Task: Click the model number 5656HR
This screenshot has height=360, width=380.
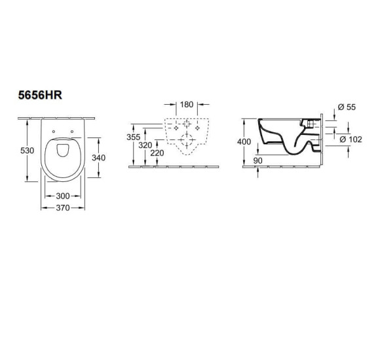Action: (40, 95)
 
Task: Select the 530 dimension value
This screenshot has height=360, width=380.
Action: (27, 151)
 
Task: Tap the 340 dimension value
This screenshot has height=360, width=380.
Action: (99, 158)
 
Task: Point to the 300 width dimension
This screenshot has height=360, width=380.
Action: (63, 196)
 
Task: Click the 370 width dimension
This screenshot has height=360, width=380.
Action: (63, 207)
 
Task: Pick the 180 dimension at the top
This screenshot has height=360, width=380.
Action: (187, 105)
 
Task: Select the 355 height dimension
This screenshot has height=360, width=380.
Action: (133, 137)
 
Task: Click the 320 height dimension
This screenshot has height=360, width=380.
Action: (145, 145)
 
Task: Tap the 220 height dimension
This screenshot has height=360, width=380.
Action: (157, 153)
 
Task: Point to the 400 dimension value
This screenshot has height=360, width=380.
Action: (244, 141)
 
